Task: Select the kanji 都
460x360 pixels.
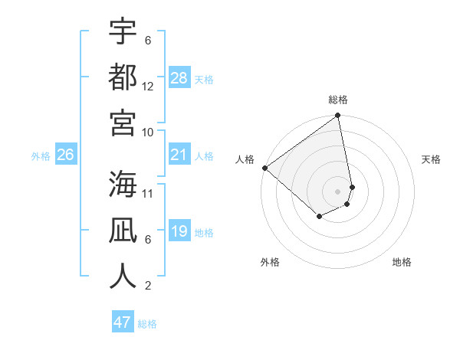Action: (x=123, y=76)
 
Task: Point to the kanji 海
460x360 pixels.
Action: (x=123, y=184)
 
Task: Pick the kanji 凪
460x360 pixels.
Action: (x=123, y=229)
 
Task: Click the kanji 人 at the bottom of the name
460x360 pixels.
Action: (x=123, y=275)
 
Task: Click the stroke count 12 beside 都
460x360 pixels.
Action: (x=148, y=86)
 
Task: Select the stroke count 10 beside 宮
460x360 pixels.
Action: (x=148, y=132)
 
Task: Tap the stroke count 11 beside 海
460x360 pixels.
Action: (x=148, y=193)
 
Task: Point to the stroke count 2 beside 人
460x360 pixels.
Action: (x=148, y=286)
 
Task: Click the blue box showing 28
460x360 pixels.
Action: (x=179, y=78)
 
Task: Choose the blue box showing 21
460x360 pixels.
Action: (x=179, y=155)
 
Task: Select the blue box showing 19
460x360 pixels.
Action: (x=179, y=232)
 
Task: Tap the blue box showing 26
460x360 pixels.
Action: (x=65, y=155)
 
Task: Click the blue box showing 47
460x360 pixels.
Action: (x=123, y=322)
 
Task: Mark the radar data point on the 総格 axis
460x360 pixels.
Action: (x=338, y=116)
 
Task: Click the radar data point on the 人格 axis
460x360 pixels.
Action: (x=264, y=168)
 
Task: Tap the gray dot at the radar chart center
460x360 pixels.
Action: (x=338, y=191)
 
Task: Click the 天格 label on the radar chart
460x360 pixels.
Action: (x=431, y=159)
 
